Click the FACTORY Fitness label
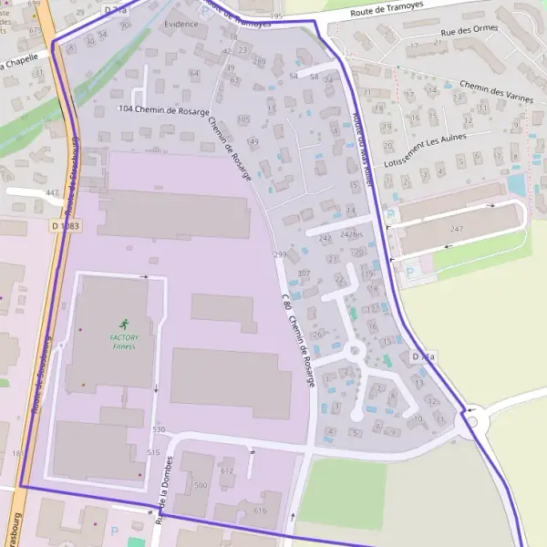pos(124,340)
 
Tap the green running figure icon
pos(124,324)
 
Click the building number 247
pos(456,229)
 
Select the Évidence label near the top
pos(181,24)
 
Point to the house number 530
pos(159,428)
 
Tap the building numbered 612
pos(227,470)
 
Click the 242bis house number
pos(352,234)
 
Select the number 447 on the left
pos(52,192)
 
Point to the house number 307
pos(304,273)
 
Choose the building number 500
pos(200,486)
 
